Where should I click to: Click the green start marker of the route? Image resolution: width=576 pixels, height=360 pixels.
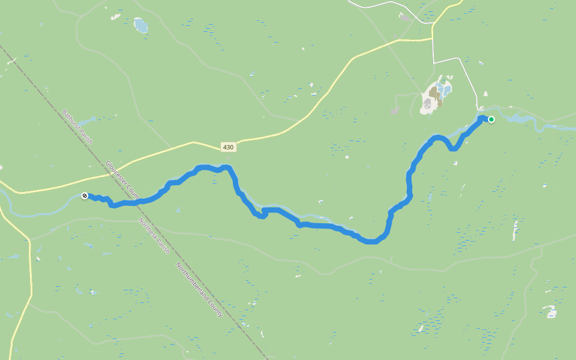pos(491,119)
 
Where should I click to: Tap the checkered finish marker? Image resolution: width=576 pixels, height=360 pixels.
pos(85,196)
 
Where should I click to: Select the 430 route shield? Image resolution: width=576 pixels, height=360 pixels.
pos(228,147)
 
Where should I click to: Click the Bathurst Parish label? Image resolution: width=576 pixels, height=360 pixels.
pos(77,126)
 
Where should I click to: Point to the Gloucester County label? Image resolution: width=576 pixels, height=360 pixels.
pos(122,179)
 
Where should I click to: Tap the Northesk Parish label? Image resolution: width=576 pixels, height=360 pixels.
pos(154,235)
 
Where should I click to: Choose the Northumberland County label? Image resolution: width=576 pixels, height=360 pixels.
pos(199,290)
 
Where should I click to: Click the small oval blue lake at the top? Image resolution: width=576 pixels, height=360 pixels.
pos(140,25)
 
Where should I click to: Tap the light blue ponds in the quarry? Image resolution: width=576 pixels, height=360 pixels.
pos(445,91)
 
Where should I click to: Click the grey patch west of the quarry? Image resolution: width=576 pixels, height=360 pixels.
pos(395,110)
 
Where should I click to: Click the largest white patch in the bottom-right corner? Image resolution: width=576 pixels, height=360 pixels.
pos(550,311)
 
